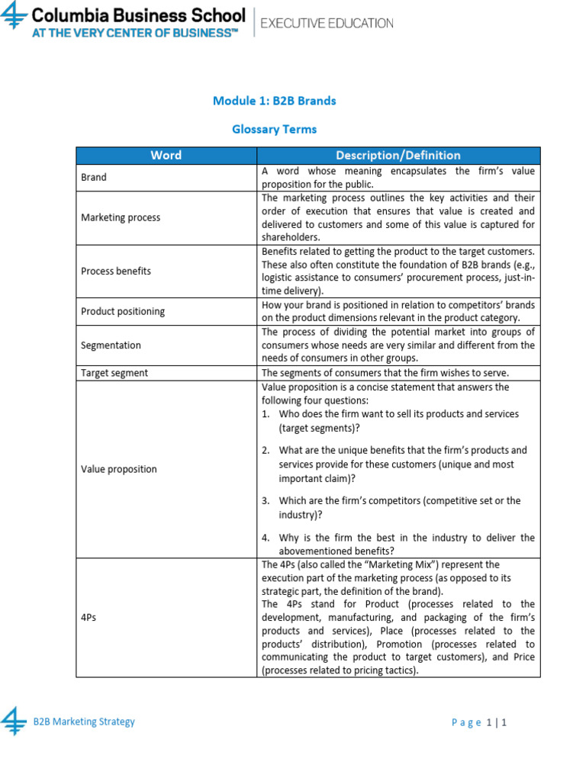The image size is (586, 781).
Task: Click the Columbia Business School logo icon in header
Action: point(14,17)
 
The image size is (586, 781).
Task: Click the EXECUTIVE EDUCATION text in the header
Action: point(327,24)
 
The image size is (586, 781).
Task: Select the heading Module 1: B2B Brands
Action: point(274,101)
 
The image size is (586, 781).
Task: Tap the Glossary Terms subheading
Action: point(274,130)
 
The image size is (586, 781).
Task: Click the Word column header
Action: point(166,156)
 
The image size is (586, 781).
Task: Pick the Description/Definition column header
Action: point(398,156)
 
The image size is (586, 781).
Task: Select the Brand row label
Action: point(94,177)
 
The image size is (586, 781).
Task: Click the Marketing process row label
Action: point(121,217)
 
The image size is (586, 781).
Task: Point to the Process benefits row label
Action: point(116,271)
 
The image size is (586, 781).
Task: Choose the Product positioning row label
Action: point(123,311)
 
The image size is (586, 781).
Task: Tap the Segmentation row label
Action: point(111,345)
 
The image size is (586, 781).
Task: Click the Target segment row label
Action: point(114,373)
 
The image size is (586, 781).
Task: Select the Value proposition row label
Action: point(119,469)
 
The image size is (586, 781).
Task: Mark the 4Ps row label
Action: point(89,617)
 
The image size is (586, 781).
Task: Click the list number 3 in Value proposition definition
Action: point(266,501)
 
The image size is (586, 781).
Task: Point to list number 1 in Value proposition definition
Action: point(266,414)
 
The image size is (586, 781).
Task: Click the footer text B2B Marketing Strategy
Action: point(84,722)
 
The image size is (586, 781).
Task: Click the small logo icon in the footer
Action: point(13,721)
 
